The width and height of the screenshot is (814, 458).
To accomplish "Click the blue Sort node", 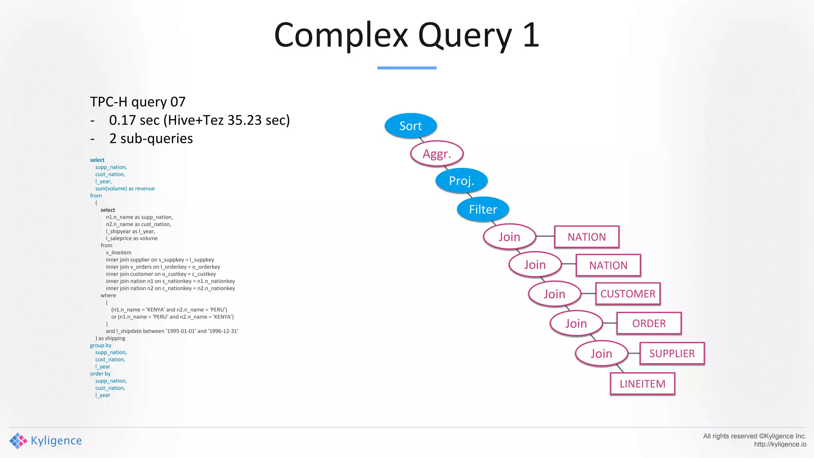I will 411,126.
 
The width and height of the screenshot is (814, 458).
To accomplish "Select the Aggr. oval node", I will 437,153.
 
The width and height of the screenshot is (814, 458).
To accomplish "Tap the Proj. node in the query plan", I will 461,180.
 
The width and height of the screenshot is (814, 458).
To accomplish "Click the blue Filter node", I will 483,209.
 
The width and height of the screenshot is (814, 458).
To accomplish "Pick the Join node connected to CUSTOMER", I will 554,294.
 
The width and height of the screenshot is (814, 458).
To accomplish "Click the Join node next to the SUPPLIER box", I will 601,353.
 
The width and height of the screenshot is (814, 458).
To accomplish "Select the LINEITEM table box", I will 642,384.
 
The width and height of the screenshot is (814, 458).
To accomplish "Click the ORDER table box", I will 649,323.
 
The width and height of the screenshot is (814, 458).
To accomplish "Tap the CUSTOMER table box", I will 628,294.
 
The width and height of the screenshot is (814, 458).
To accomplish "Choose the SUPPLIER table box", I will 672,353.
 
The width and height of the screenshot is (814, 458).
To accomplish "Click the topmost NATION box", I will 587,237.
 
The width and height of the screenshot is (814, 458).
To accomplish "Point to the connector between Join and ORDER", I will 610,323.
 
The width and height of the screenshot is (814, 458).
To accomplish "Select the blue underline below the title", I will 407,68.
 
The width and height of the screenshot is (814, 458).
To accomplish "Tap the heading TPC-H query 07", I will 138,102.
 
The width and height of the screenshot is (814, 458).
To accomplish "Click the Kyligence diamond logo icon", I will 18,441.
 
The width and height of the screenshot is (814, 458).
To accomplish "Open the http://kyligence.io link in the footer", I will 780,444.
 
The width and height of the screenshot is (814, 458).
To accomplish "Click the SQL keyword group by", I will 101,345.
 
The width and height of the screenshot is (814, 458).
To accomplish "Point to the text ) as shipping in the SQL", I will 110,338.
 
